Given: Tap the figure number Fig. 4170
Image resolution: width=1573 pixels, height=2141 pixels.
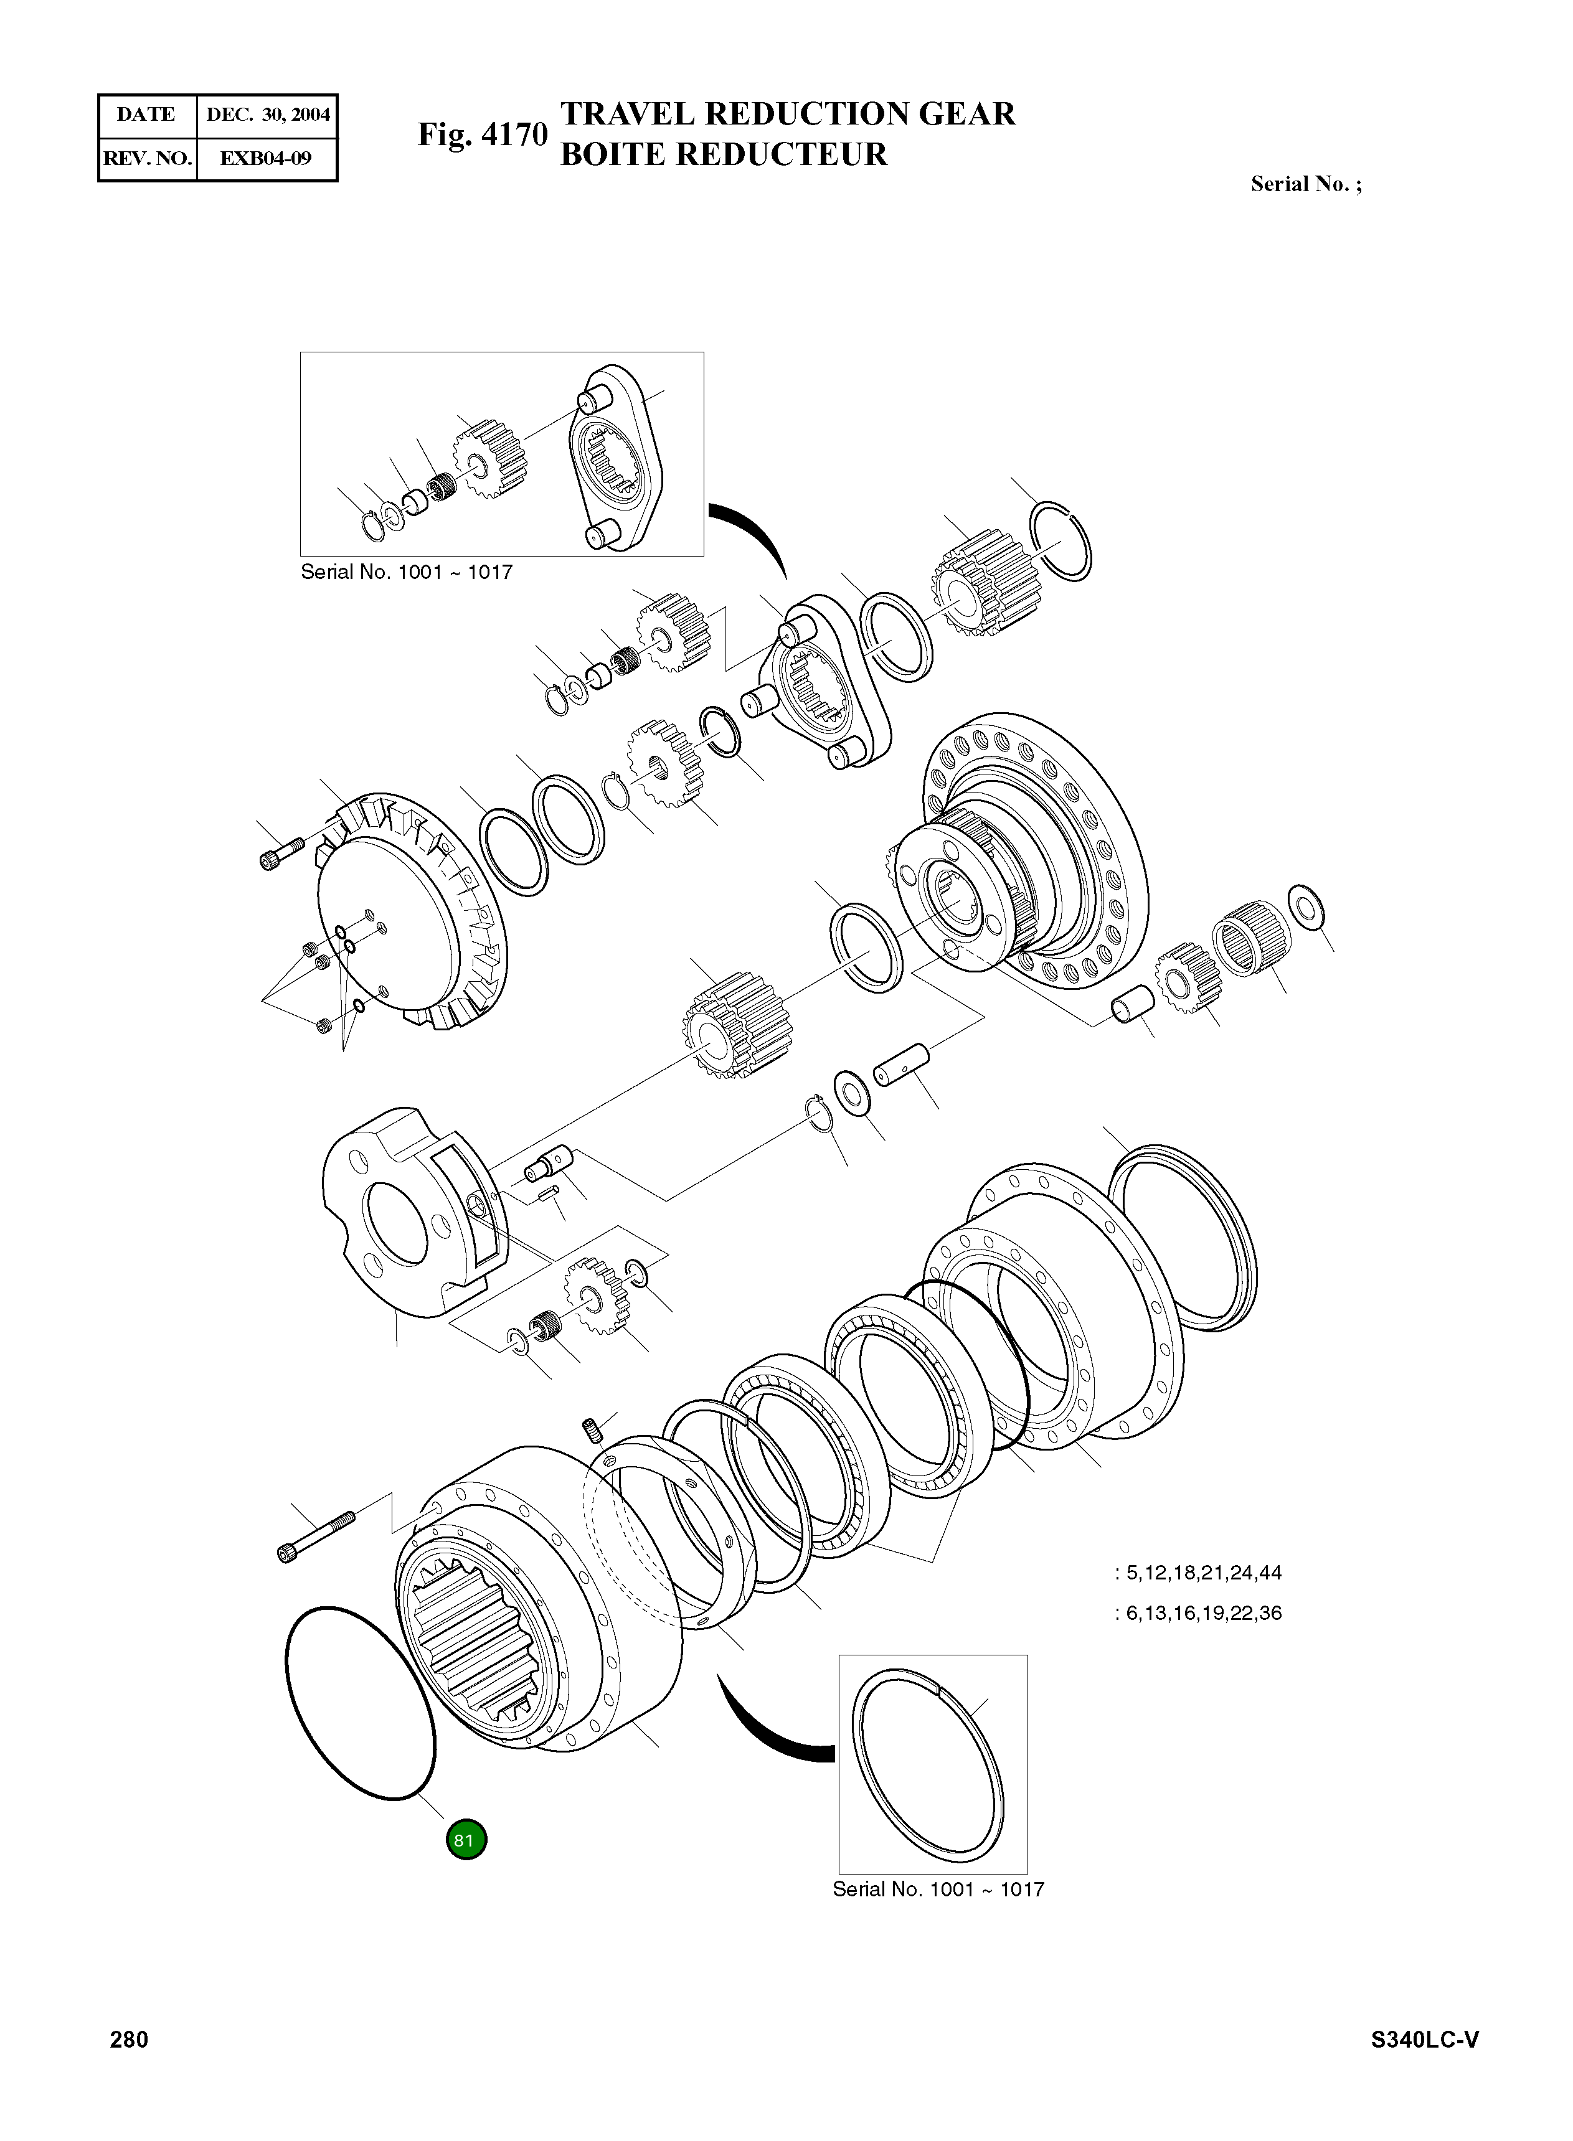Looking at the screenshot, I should pos(483,134).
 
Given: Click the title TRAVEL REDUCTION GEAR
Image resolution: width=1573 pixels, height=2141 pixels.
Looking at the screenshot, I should pos(788,114).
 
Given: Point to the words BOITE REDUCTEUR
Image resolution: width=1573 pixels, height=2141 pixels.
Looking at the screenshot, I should pos(724,154).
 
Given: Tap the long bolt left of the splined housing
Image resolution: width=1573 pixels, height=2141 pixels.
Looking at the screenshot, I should pos(315,1535).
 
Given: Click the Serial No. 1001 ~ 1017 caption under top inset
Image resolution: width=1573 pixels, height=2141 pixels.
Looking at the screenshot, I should pos(407,572).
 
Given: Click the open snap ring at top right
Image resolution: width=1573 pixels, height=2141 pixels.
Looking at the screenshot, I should pos(1062,540).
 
